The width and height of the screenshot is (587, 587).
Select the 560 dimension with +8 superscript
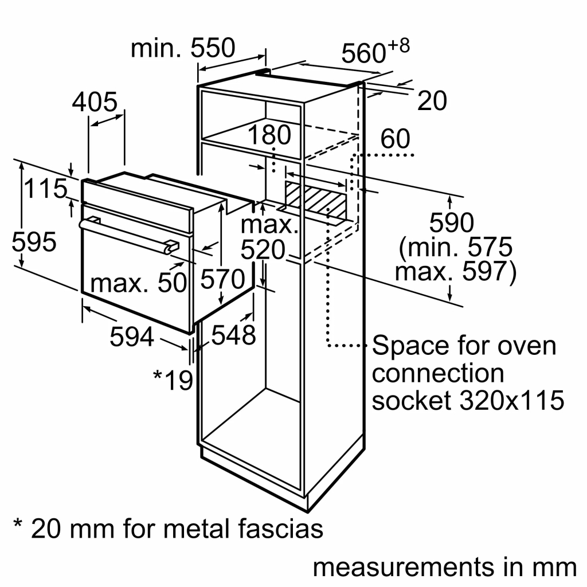tap(375, 52)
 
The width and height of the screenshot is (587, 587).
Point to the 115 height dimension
tap(45, 189)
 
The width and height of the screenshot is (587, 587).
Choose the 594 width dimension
tap(131, 337)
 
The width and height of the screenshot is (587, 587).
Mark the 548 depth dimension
tap(233, 335)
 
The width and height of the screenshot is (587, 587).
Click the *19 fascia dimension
tap(173, 379)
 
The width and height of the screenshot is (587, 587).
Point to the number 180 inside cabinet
tap(269, 135)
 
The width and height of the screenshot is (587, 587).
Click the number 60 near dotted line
tap(395, 139)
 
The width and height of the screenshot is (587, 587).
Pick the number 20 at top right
tap(431, 101)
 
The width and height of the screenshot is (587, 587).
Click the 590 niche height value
tap(452, 224)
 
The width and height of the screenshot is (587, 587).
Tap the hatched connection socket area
tap(315, 198)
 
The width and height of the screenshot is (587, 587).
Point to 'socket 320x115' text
tap(468, 401)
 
